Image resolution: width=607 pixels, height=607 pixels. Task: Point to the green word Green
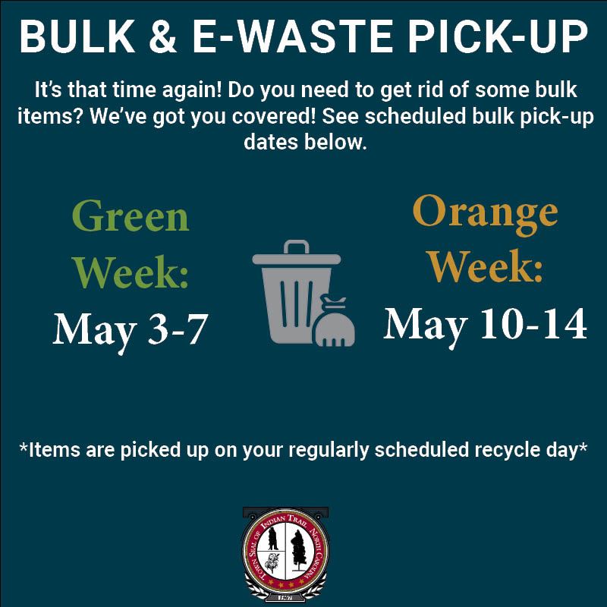[x=131, y=219]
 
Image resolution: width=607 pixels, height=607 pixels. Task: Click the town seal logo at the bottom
[x=285, y=552]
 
